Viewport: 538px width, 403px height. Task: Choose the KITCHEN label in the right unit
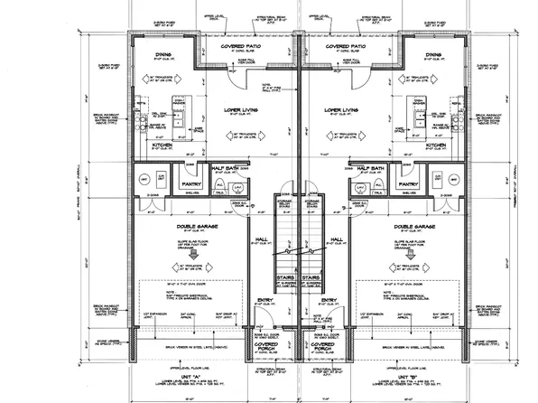pos(437,145)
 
